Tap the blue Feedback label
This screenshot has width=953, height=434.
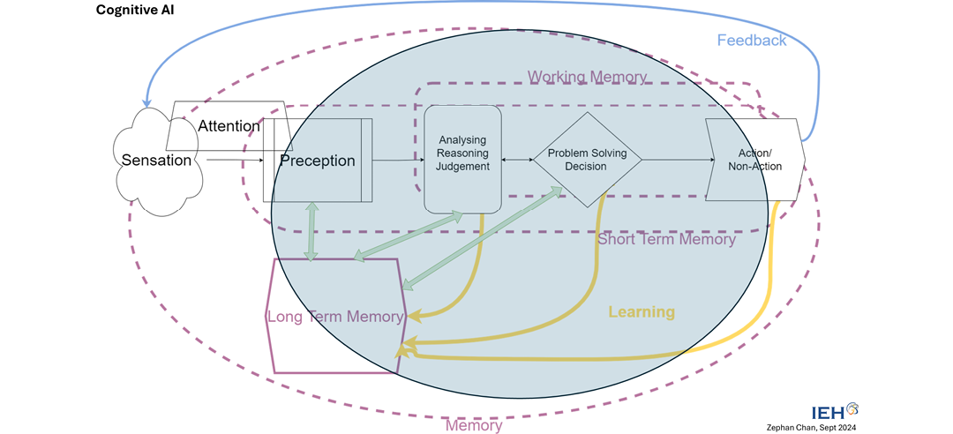click(751, 40)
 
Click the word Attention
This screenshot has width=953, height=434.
click(229, 126)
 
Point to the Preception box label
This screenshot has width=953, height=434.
click(317, 161)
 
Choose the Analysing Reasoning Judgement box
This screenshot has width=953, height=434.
click(462, 159)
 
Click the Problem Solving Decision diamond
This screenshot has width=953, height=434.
click(587, 160)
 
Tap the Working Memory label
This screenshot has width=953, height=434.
click(587, 78)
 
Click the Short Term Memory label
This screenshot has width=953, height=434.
click(666, 239)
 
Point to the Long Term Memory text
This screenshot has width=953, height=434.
click(335, 316)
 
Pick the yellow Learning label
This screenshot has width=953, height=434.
click(642, 311)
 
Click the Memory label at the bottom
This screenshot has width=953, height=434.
click(474, 425)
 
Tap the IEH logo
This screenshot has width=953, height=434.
click(833, 410)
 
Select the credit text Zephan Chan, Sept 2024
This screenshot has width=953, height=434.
click(825, 426)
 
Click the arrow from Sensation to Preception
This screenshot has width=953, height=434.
click(234, 161)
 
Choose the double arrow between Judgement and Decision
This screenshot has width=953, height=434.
click(517, 160)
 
